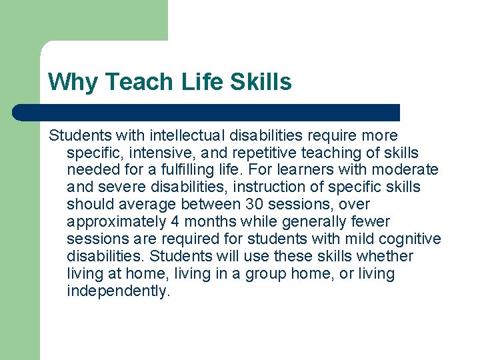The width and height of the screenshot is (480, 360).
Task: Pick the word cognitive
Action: [x=414, y=239]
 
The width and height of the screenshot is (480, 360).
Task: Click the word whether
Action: [x=386, y=256]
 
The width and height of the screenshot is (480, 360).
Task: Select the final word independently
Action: [x=119, y=291]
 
